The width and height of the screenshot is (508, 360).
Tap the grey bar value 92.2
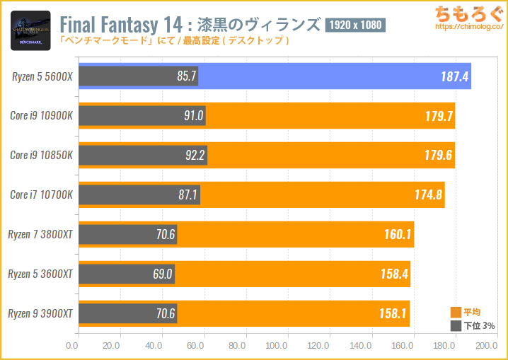190,156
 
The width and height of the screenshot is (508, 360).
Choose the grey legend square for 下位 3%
456,326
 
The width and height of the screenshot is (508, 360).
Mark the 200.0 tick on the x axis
486,346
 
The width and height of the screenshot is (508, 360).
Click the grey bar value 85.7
185,76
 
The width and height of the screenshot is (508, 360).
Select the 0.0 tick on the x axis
71,346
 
